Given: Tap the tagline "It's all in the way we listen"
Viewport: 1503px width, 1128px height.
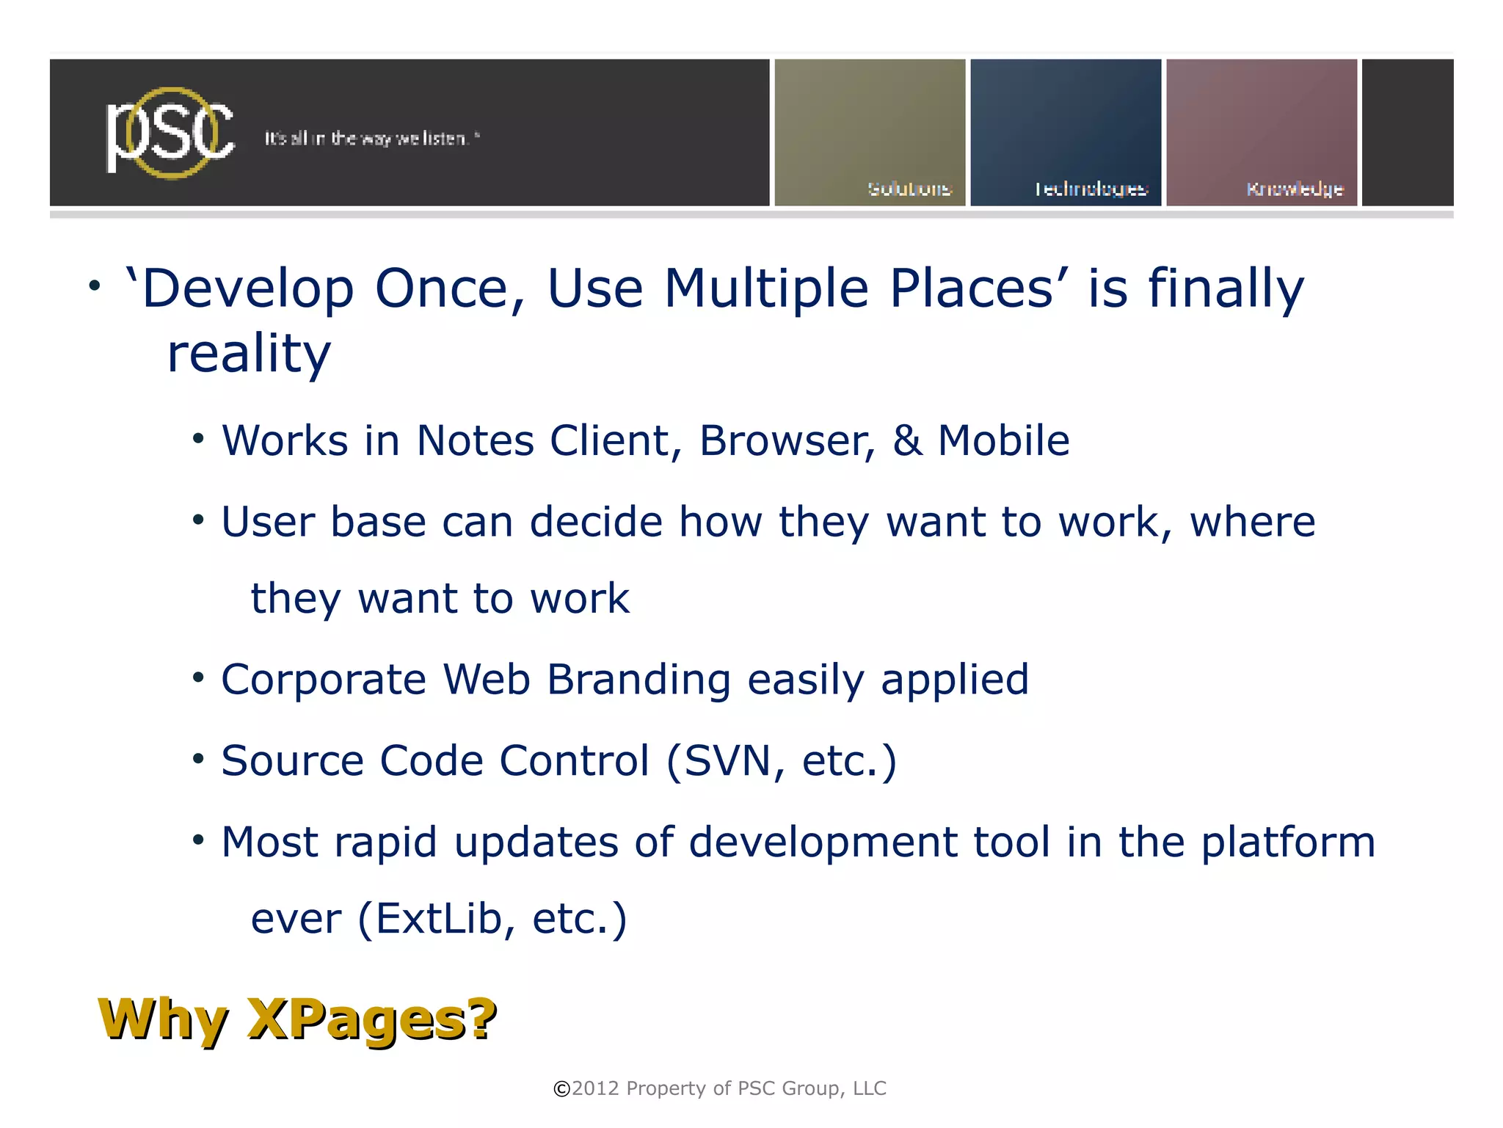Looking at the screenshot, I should coord(371,139).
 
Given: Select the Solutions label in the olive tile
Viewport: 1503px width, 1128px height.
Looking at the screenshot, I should coord(909,189).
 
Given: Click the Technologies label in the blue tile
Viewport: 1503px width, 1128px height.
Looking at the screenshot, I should coord(1091,189).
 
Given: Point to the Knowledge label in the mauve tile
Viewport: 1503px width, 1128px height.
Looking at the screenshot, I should coord(1295,189).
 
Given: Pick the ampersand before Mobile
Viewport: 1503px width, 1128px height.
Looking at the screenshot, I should coord(908,441).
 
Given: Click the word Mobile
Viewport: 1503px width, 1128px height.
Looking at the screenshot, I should coord(1003,441).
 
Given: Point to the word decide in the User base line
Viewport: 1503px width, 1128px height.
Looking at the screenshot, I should coord(596,523).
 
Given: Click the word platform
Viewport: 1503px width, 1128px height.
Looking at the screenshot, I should coord(1288,843).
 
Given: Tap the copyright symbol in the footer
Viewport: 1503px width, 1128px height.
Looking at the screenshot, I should coord(561,1089).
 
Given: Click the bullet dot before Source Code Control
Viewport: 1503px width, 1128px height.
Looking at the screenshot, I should coord(198,759).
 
